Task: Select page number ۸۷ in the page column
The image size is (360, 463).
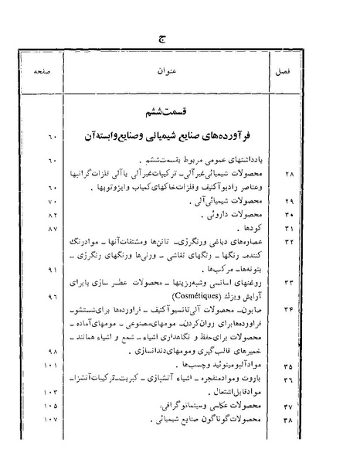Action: (53, 230)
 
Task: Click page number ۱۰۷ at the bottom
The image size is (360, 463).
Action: (52, 420)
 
